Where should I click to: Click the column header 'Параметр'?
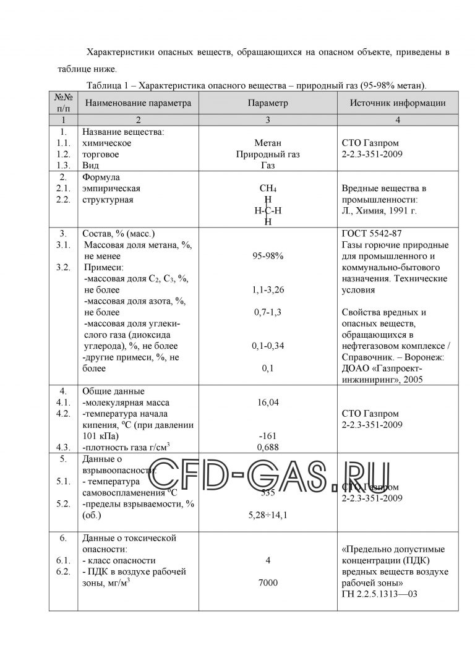pos(268,103)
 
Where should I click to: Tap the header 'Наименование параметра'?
pos(139,103)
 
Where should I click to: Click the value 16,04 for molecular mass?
pos(268,403)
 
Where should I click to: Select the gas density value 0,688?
pos(268,446)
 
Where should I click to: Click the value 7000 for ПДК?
pos(268,583)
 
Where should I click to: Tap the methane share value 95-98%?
pos(268,256)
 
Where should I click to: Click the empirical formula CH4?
pos(268,189)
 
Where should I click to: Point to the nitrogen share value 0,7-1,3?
pos(268,312)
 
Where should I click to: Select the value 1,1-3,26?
pos(268,289)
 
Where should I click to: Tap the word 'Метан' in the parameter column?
pos(268,143)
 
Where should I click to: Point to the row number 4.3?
pos(62,446)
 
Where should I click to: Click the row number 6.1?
pos(62,560)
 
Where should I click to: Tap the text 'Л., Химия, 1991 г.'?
pos(379,211)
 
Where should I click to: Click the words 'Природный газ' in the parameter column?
pos(268,155)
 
